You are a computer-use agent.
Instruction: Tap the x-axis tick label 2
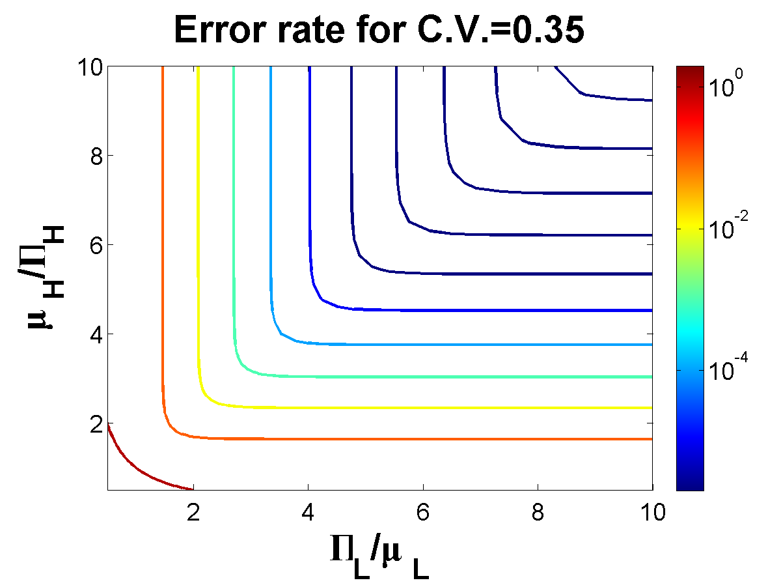(193, 513)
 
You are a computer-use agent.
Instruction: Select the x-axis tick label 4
(308, 513)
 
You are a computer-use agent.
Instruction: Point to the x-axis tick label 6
(423, 513)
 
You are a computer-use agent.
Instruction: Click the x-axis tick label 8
(538, 513)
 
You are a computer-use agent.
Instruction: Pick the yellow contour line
(198, 261)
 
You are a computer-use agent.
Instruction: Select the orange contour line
(162, 261)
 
